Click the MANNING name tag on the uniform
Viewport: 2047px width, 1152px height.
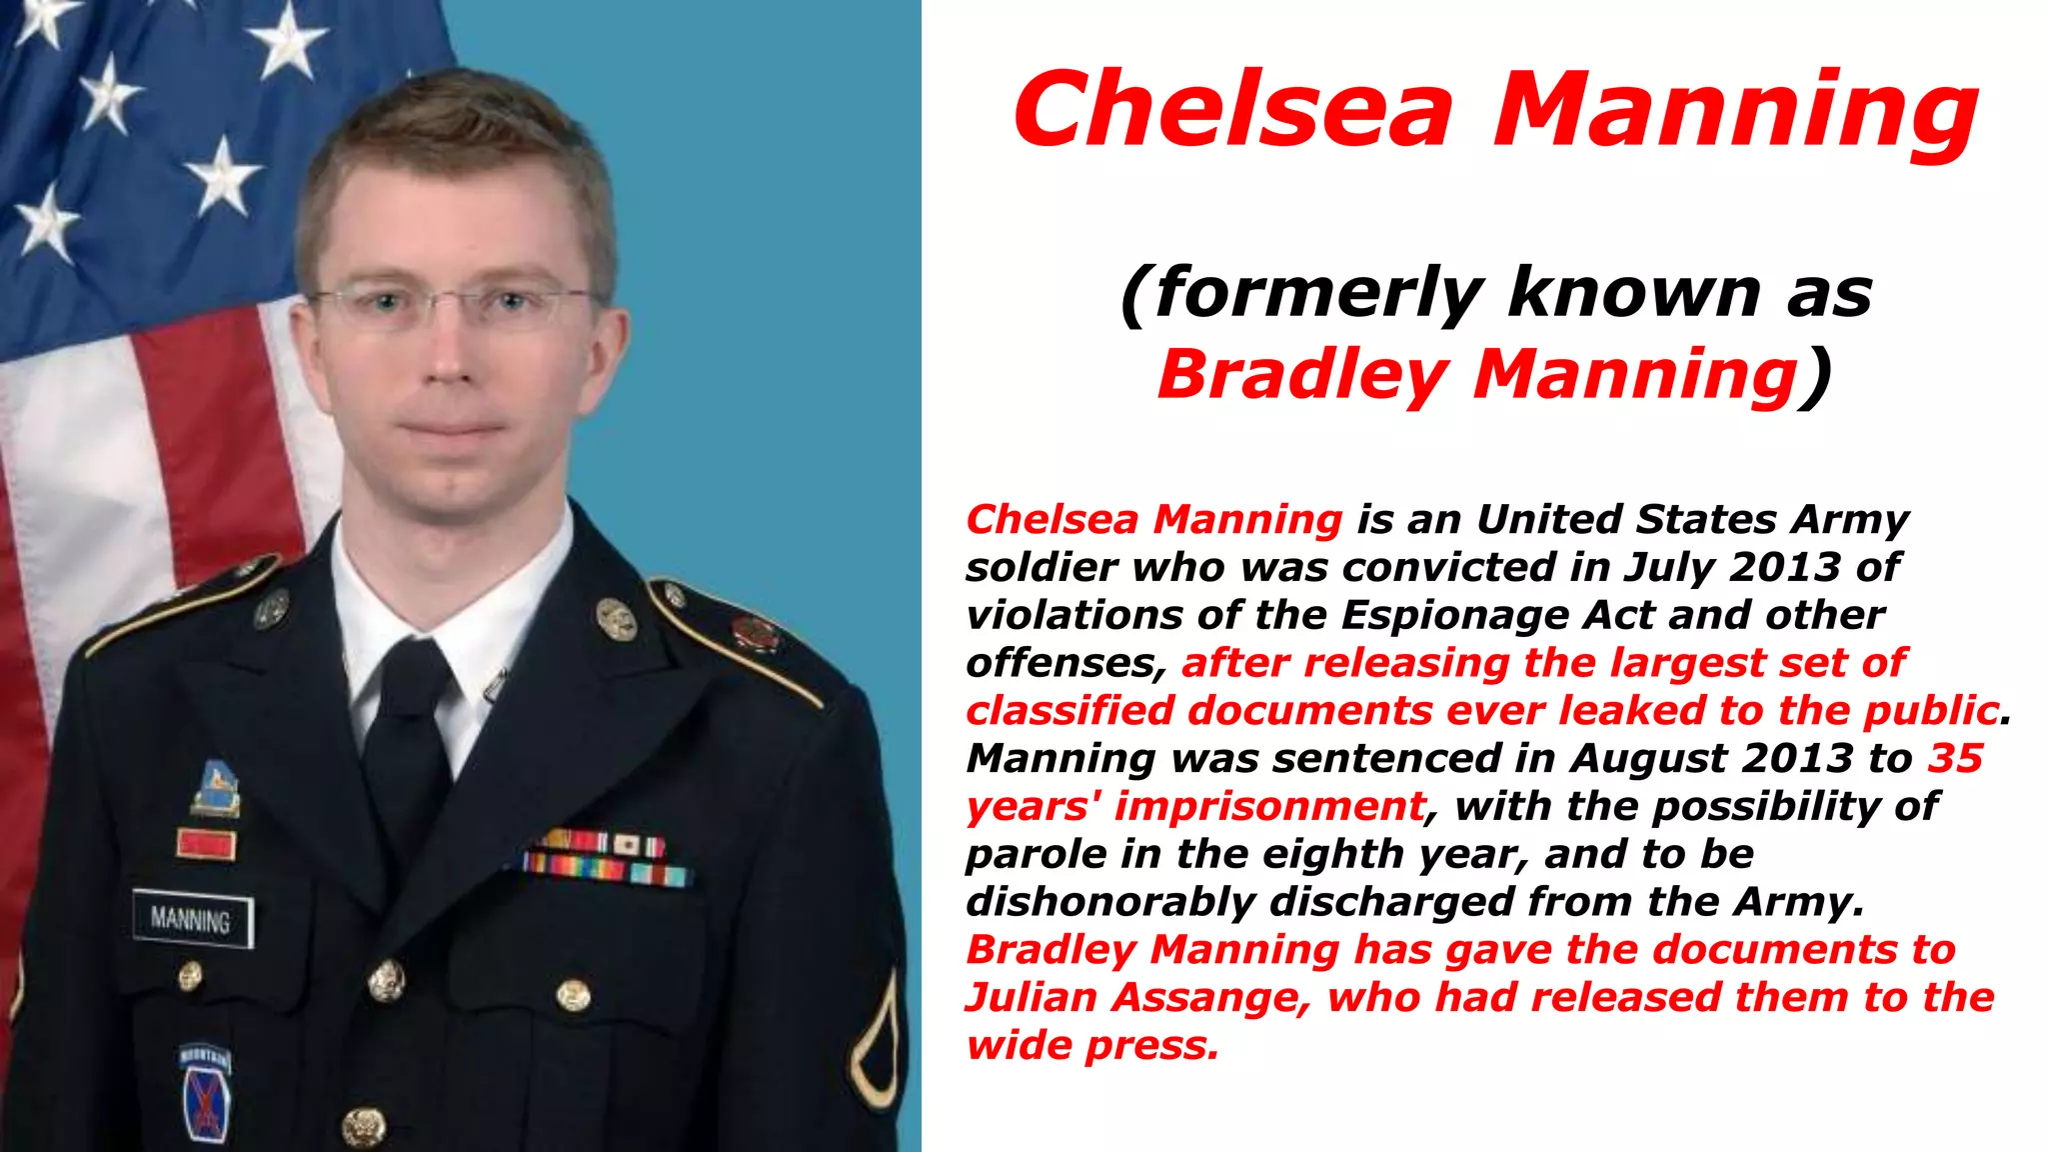pyautogui.click(x=192, y=918)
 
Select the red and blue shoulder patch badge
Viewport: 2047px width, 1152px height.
pyautogui.click(x=205, y=1095)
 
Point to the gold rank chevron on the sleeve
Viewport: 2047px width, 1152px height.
pyautogui.click(x=876, y=1040)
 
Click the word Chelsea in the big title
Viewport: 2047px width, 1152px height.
pyautogui.click(x=1233, y=110)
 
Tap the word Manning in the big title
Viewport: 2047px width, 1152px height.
pyautogui.click(x=1735, y=112)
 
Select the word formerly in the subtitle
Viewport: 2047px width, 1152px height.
pyautogui.click(x=1315, y=294)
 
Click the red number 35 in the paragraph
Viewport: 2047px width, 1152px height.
pyautogui.click(x=1955, y=758)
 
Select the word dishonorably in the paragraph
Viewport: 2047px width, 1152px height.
pyautogui.click(x=1110, y=902)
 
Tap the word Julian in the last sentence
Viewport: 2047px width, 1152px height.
pyautogui.click(x=1030, y=998)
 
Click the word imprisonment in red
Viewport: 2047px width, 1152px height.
pyautogui.click(x=1269, y=806)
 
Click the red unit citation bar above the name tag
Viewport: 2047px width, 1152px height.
pyautogui.click(x=206, y=844)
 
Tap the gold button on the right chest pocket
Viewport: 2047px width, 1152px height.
pyautogui.click(x=573, y=995)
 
